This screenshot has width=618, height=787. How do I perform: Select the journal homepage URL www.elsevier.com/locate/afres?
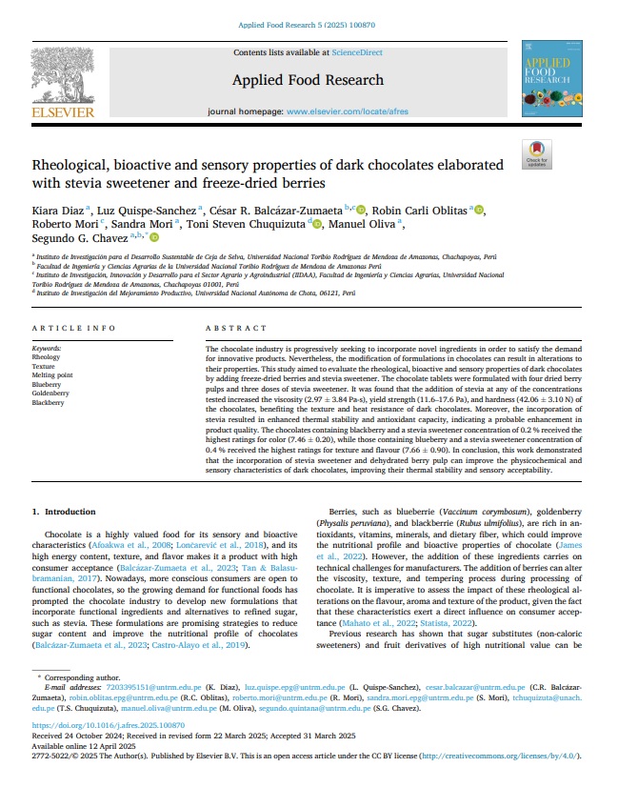pos(349,111)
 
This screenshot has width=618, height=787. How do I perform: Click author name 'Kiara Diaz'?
pos(58,210)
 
